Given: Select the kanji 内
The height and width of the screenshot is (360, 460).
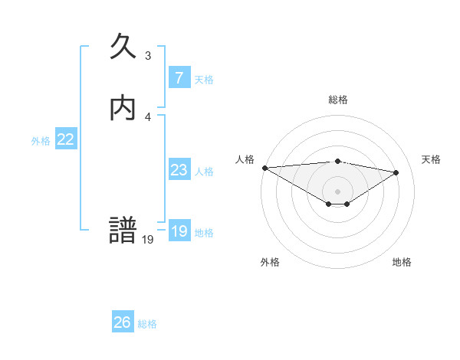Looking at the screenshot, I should click(x=123, y=109).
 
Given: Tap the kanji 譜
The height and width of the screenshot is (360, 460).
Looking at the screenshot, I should click(x=123, y=231).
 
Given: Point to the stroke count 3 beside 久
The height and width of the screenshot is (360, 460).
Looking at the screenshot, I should click(x=148, y=56).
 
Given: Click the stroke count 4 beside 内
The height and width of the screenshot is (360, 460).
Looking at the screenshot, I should click(x=148, y=116).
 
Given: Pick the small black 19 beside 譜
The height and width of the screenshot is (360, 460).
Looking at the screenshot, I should click(x=148, y=240).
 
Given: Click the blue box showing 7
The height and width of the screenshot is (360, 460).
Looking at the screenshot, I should click(x=179, y=77).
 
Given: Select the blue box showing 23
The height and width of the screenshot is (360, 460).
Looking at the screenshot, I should click(x=179, y=170).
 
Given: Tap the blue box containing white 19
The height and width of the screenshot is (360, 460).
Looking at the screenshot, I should click(x=179, y=231).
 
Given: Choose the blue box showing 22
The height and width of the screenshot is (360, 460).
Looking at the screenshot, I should click(x=66, y=139).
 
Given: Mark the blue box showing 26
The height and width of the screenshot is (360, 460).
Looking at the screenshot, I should click(x=123, y=322).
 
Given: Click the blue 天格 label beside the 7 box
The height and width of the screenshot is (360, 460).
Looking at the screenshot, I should click(x=204, y=80).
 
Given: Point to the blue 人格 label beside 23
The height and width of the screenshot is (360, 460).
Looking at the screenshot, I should click(x=204, y=172).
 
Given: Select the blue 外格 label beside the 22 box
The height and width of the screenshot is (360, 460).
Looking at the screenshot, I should click(x=40, y=141).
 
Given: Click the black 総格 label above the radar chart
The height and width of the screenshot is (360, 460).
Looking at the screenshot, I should click(x=337, y=100).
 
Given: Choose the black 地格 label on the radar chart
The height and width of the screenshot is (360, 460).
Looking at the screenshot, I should click(x=402, y=262).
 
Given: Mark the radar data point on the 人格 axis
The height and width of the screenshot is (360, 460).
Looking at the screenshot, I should click(x=264, y=168).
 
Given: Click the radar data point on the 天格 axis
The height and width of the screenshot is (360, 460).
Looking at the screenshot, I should click(x=396, y=172).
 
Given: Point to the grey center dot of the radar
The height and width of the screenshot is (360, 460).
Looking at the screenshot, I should click(x=337, y=191).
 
